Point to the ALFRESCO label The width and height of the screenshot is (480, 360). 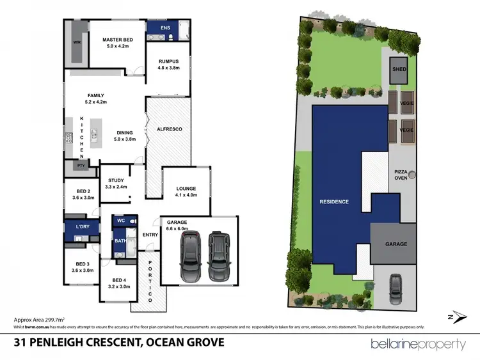(170, 130)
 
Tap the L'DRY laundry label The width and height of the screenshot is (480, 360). (82, 228)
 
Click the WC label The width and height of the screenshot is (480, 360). (119, 221)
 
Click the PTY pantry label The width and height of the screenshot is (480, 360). (81, 165)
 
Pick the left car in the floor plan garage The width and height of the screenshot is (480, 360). (191, 256)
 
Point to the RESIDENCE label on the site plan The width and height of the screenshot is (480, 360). (333, 202)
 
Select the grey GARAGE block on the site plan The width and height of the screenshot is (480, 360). (396, 244)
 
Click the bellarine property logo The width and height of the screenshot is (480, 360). (418, 345)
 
